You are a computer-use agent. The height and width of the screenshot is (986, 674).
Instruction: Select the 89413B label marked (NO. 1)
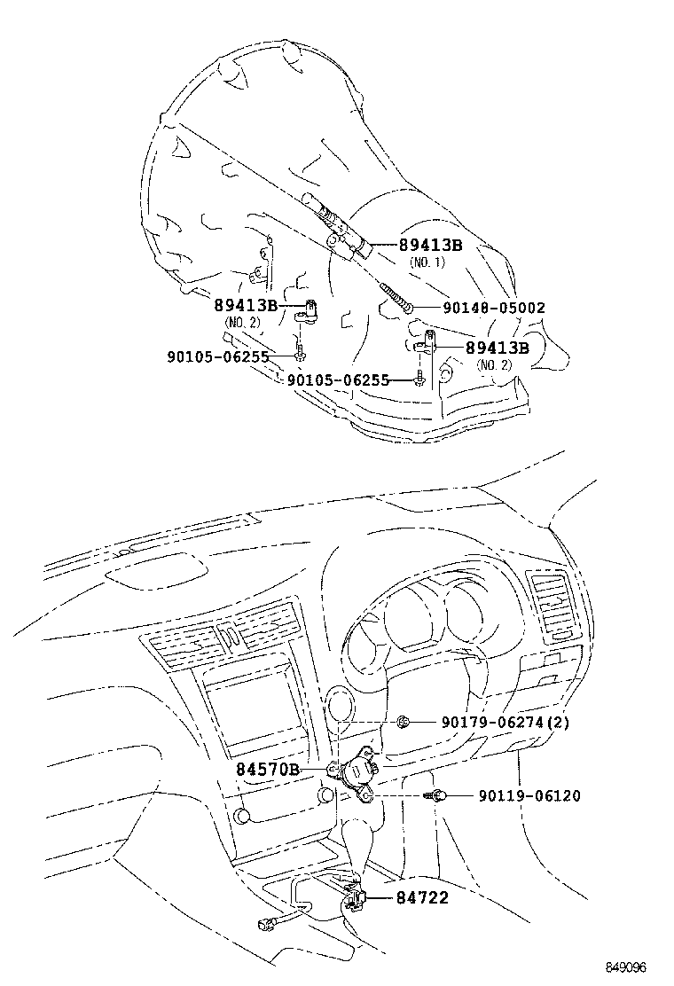pyautogui.click(x=430, y=246)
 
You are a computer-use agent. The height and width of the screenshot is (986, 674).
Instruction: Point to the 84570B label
pyautogui.click(x=267, y=770)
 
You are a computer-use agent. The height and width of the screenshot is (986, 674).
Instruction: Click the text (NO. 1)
pyautogui.click(x=427, y=262)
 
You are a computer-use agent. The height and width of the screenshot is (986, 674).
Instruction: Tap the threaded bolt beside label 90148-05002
pyautogui.click(x=396, y=296)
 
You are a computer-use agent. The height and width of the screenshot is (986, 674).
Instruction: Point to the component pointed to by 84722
pyautogui.click(x=356, y=898)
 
